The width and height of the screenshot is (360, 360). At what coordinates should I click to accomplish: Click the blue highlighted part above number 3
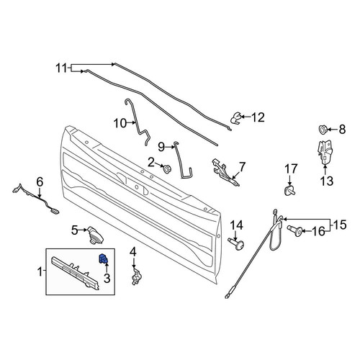click(x=104, y=258)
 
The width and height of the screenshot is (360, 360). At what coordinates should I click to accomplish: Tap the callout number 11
click(x=61, y=68)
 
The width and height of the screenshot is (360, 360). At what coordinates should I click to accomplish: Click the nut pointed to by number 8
click(x=323, y=130)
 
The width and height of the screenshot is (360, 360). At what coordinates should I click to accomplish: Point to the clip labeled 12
click(x=235, y=118)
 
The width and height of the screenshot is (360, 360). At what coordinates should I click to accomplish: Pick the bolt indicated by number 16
click(x=295, y=231)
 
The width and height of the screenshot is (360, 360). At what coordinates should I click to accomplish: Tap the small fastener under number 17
click(x=289, y=191)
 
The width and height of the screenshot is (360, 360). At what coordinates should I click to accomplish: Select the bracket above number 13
click(x=325, y=152)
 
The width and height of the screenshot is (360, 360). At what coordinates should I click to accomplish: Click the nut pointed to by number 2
click(x=166, y=168)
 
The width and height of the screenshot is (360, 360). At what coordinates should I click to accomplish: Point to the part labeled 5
click(x=95, y=235)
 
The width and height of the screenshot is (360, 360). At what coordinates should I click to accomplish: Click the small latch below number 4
click(x=136, y=276)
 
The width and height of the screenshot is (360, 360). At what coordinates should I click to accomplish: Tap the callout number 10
click(x=120, y=123)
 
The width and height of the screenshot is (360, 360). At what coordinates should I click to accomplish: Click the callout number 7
click(x=241, y=167)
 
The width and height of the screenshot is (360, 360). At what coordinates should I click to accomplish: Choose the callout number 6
click(x=40, y=181)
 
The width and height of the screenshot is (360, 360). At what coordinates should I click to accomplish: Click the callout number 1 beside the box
click(x=40, y=272)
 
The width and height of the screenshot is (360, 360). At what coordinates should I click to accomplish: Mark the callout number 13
click(x=326, y=181)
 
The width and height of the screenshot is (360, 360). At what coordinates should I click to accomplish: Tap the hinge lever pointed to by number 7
click(x=225, y=172)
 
